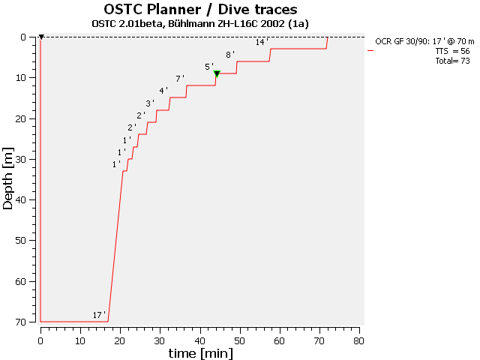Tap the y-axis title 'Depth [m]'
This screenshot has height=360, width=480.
pos(8,179)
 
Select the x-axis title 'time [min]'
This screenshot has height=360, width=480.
pos(199,352)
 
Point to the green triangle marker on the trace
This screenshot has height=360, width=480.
pos(217,73)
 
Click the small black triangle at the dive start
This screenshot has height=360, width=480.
pos(41,37)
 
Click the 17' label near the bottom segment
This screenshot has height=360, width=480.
pos(99,315)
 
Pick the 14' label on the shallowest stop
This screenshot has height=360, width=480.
pos(261,42)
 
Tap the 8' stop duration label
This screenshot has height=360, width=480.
pos(230,55)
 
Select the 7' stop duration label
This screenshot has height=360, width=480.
pos(180,79)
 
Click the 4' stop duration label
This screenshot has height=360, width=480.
pos(163,91)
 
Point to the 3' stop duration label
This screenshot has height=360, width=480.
pos(150,103)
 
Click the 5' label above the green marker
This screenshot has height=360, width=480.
pos(209,67)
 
